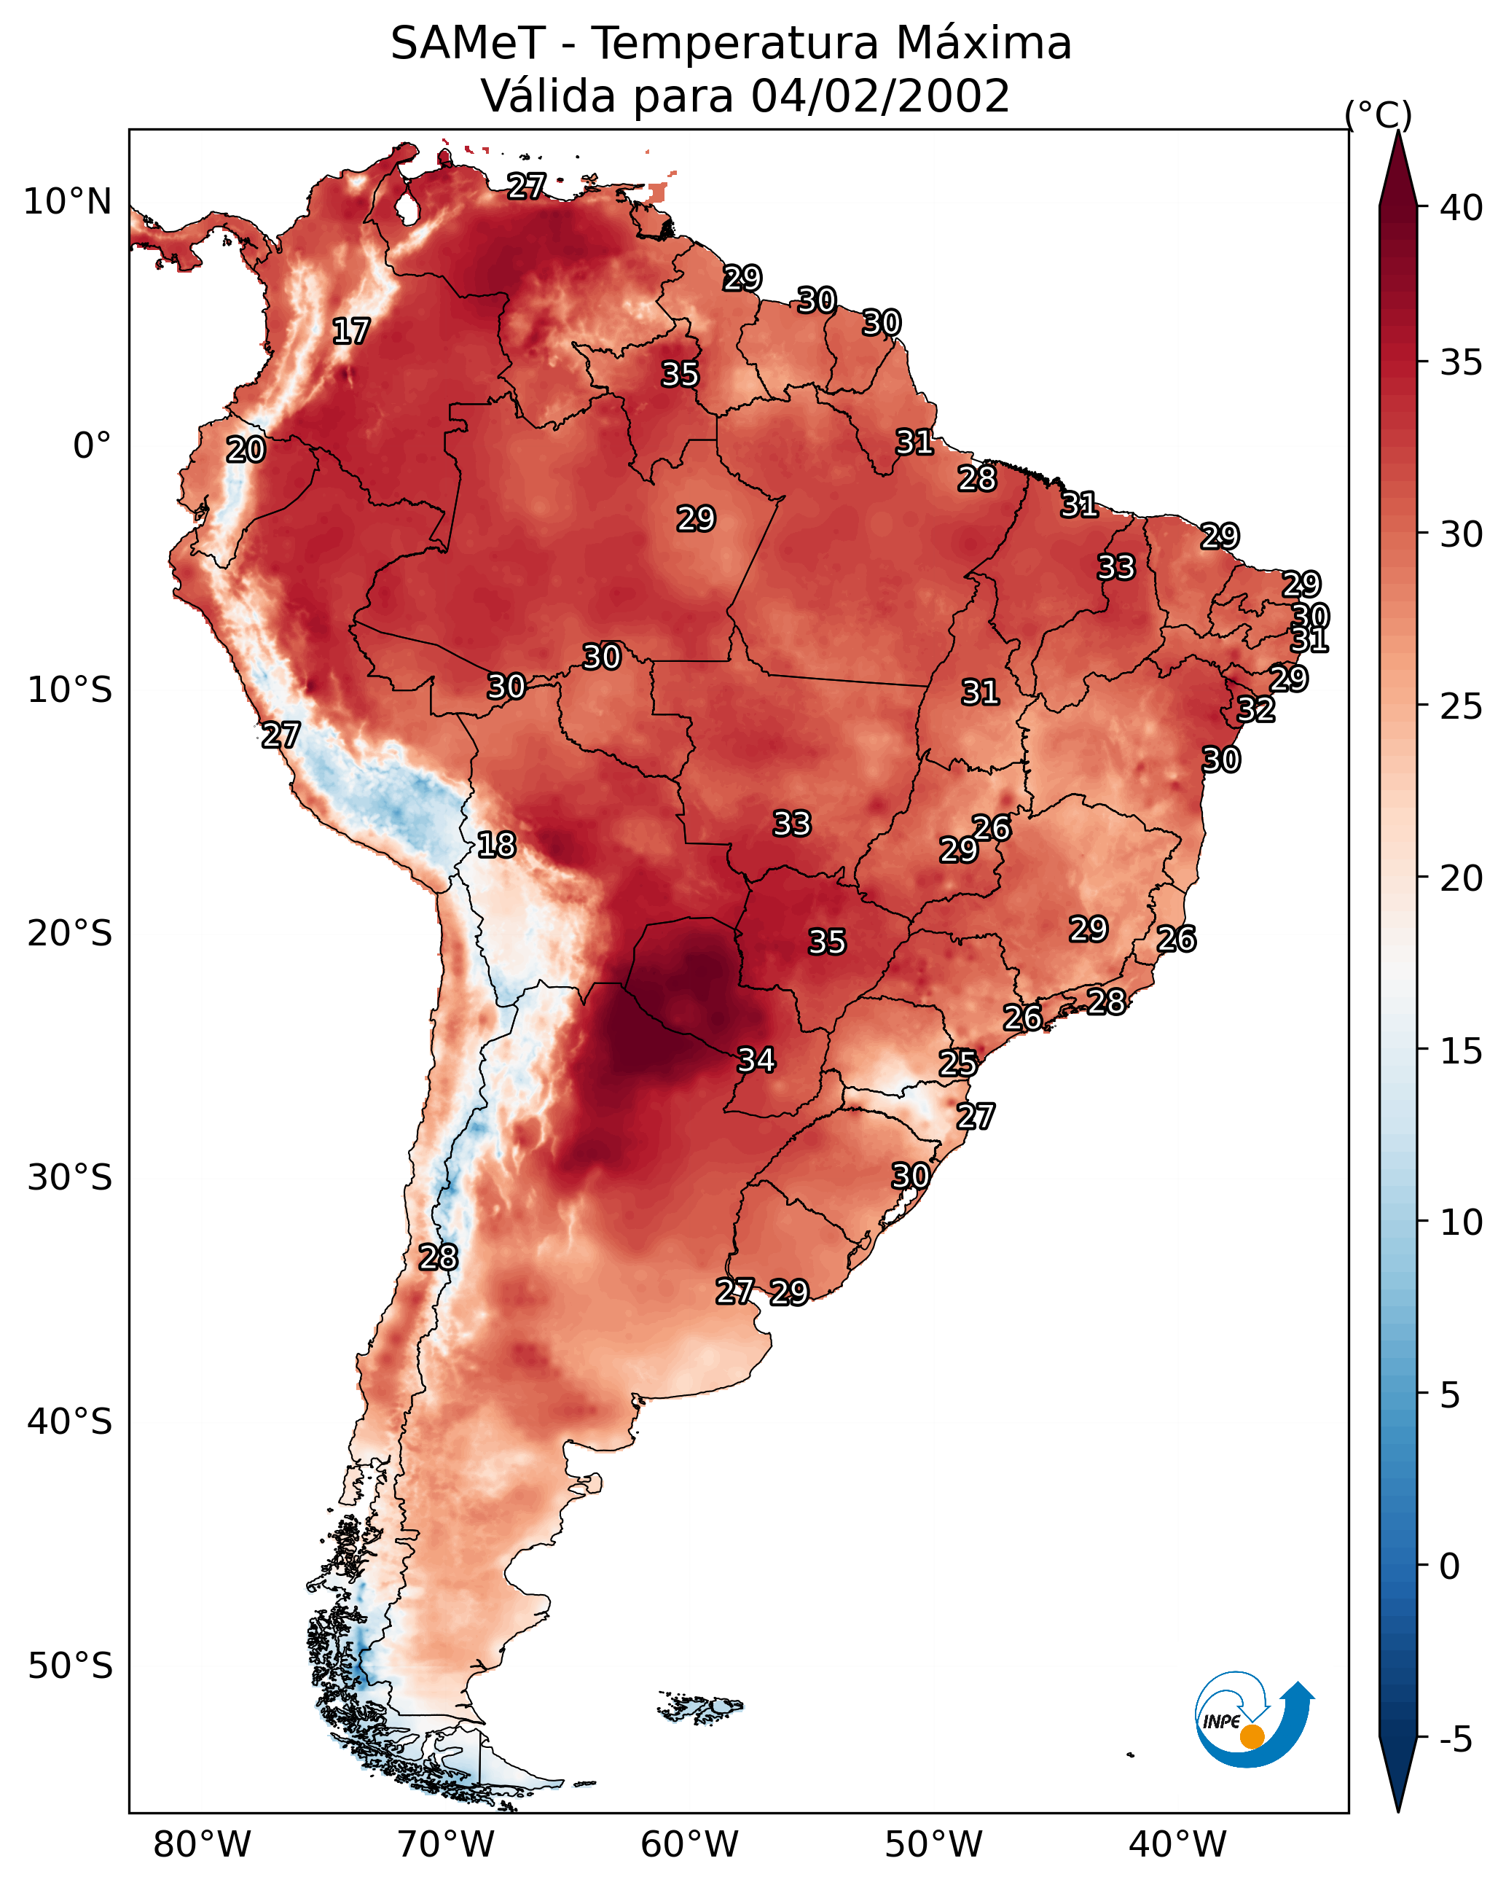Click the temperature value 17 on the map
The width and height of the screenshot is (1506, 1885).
tap(351, 332)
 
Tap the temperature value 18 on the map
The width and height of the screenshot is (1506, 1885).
tap(496, 845)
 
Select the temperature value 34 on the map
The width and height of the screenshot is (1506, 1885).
tap(757, 1060)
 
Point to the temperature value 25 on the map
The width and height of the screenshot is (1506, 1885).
tap(958, 1064)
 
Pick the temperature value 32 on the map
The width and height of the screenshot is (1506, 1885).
tap(1257, 709)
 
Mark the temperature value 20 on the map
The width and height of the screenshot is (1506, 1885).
tap(246, 450)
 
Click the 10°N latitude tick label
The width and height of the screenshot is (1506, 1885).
tap(67, 202)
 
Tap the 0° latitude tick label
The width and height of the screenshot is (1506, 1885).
tap(93, 446)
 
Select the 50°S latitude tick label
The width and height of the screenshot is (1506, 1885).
tap(70, 1666)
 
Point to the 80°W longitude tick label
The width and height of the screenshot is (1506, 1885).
tap(202, 1845)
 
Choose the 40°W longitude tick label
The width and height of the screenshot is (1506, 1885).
tap(1177, 1845)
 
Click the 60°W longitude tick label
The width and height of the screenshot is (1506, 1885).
tap(690, 1845)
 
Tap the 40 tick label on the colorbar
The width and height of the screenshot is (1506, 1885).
tap(1462, 208)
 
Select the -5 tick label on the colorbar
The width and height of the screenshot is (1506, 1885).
tap(1456, 1740)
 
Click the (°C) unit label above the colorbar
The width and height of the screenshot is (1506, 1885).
tap(1378, 114)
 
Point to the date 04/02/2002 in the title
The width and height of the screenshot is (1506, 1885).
tap(880, 96)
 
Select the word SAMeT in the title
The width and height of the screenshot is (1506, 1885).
tap(468, 44)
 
